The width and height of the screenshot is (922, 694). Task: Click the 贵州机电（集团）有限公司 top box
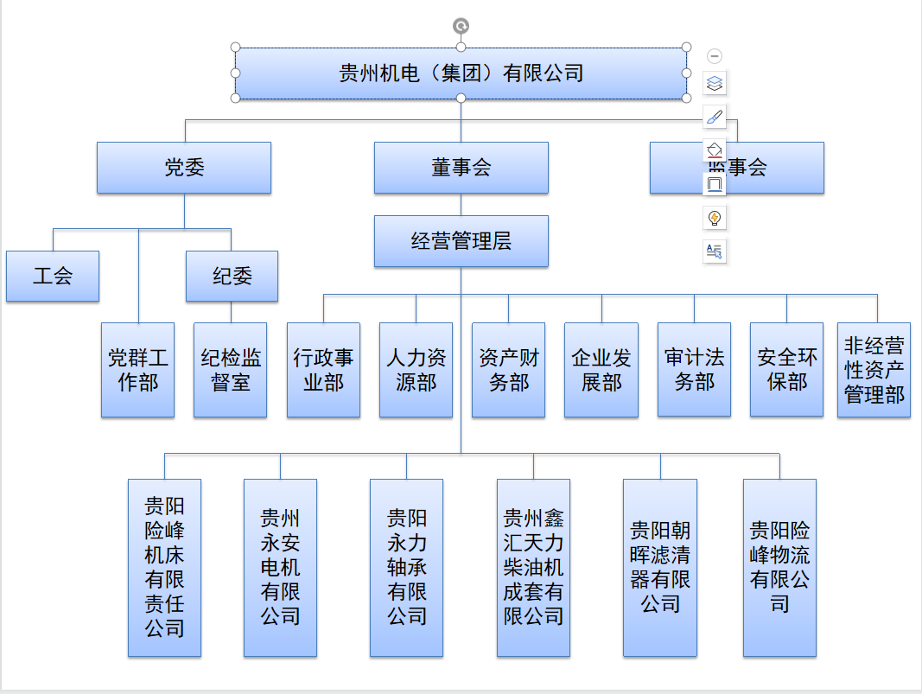click(461, 73)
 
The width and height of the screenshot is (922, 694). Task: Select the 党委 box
click(184, 168)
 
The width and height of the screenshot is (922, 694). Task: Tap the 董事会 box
click(461, 168)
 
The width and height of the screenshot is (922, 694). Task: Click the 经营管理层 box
click(461, 241)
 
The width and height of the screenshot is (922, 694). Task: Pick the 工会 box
click(53, 277)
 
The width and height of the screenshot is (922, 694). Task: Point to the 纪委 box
click(232, 277)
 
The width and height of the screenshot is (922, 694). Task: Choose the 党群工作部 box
click(137, 370)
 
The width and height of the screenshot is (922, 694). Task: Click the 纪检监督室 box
click(230, 370)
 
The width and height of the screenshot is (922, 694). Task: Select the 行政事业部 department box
click(323, 370)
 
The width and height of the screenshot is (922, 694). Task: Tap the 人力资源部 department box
click(416, 370)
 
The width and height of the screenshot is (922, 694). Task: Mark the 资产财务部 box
click(508, 370)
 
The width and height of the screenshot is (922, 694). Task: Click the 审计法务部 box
click(694, 370)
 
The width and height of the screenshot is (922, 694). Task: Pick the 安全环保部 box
click(786, 370)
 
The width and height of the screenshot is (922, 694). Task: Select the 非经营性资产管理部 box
click(874, 370)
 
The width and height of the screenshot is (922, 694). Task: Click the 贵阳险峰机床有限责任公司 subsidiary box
click(164, 568)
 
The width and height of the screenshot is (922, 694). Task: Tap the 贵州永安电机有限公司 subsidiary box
click(280, 568)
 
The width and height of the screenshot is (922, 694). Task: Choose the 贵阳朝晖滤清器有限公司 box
click(660, 568)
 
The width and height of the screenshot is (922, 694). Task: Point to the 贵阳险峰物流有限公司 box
click(779, 568)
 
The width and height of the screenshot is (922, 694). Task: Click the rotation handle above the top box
click(461, 26)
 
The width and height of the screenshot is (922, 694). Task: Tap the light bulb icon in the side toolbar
click(715, 218)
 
